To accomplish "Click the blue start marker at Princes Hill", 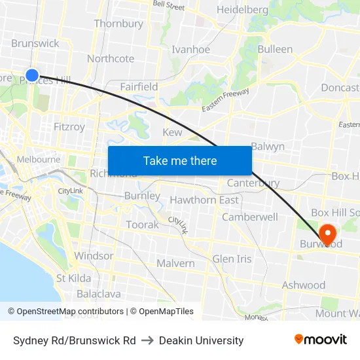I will pyautogui.click(x=31, y=75).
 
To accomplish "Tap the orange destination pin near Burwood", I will pyautogui.click(x=327, y=233).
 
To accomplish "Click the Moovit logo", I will pyautogui.click(x=321, y=339).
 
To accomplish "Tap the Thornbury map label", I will pyautogui.click(x=118, y=24).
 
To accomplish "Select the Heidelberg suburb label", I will pyautogui.click(x=242, y=10).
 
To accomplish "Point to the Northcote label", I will pyautogui.click(x=111, y=58).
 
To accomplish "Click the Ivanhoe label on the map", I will pyautogui.click(x=190, y=50).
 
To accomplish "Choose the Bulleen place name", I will pyautogui.click(x=275, y=49).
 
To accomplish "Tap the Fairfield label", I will pyautogui.click(x=139, y=86).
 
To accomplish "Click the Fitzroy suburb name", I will pyautogui.click(x=69, y=127).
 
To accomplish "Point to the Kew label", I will pyautogui.click(x=172, y=132).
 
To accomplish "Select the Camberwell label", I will pyautogui.click(x=250, y=217).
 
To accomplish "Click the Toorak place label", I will pyautogui.click(x=142, y=225).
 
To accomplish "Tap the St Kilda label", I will pyautogui.click(x=73, y=278).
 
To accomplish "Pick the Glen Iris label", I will pyautogui.click(x=232, y=259).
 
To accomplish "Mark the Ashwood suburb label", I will pyautogui.click(x=303, y=285).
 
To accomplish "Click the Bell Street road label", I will pyautogui.click(x=168, y=5).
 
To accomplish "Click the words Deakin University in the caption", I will pyautogui.click(x=201, y=340).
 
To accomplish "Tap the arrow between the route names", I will pyautogui.click(x=147, y=340).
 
